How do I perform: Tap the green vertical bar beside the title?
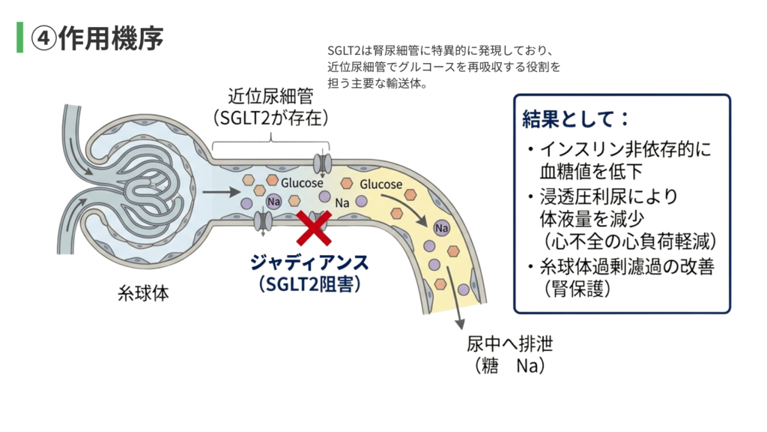coord(20,37)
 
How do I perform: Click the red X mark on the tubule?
coord(315,228)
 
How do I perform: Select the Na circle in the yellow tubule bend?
coord(441,228)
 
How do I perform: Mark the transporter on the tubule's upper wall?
coord(321,163)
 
